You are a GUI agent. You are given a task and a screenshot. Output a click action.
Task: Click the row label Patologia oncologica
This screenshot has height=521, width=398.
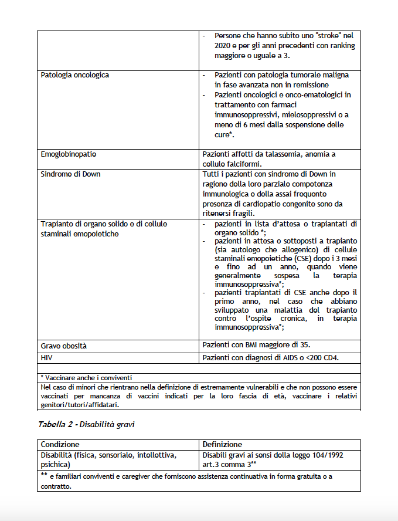point(74,75)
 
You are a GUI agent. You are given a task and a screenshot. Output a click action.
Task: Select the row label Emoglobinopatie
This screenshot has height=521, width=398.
point(69,154)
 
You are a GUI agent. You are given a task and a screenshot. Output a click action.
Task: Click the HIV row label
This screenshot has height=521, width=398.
point(47,357)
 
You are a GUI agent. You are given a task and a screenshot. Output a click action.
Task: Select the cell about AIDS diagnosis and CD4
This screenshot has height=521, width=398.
point(271,357)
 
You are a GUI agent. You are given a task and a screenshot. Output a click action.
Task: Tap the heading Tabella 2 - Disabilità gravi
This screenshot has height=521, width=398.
point(86,424)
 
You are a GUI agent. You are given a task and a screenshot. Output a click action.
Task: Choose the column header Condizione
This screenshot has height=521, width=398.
point(60,444)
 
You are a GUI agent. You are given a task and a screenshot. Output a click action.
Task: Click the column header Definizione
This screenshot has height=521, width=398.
point(222,444)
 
